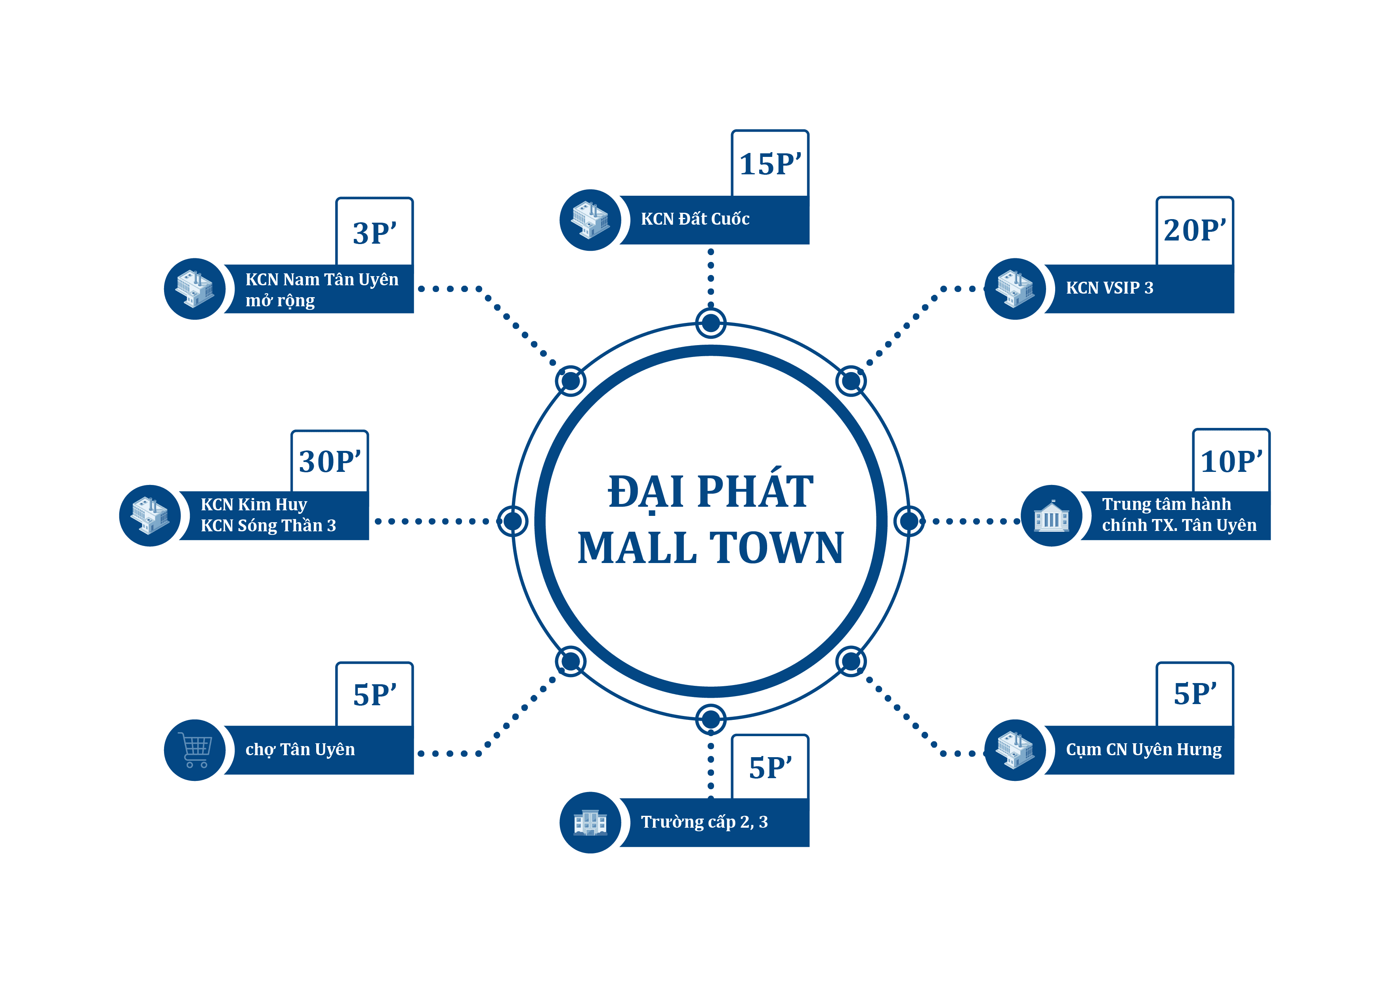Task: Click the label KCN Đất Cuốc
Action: pos(695,219)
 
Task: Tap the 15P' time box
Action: pos(769,163)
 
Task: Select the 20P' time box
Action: pos(1194,230)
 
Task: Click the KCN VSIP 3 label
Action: pos(1109,288)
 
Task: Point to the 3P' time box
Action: pos(375,233)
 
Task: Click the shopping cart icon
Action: pos(195,750)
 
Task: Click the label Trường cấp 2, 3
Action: pos(704,822)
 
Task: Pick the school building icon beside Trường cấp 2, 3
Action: pos(590,823)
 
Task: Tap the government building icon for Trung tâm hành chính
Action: pos(1052,516)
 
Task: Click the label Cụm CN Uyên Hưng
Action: pos(1144,750)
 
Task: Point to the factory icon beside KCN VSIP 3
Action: pos(1015,289)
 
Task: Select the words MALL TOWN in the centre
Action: pos(711,548)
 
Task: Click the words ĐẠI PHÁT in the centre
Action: pos(711,491)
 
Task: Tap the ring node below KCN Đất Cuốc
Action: pos(711,323)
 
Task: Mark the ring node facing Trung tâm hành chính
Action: pos(909,521)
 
